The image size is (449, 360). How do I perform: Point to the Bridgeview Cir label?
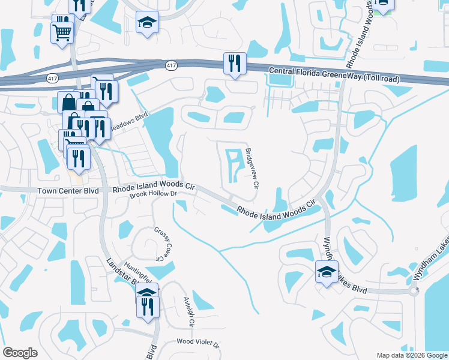point(252,170)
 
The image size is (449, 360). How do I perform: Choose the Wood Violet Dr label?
point(198,344)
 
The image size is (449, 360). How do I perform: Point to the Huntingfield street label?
point(136,274)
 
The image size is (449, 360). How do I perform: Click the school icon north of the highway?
point(147,23)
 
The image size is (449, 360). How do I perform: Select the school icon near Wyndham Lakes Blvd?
point(327,272)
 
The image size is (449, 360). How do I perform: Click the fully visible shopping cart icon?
point(62,32)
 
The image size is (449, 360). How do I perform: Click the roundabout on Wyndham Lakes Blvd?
point(414,291)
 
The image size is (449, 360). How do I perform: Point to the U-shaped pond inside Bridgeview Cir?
point(234,166)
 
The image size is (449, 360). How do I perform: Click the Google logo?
point(20,353)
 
